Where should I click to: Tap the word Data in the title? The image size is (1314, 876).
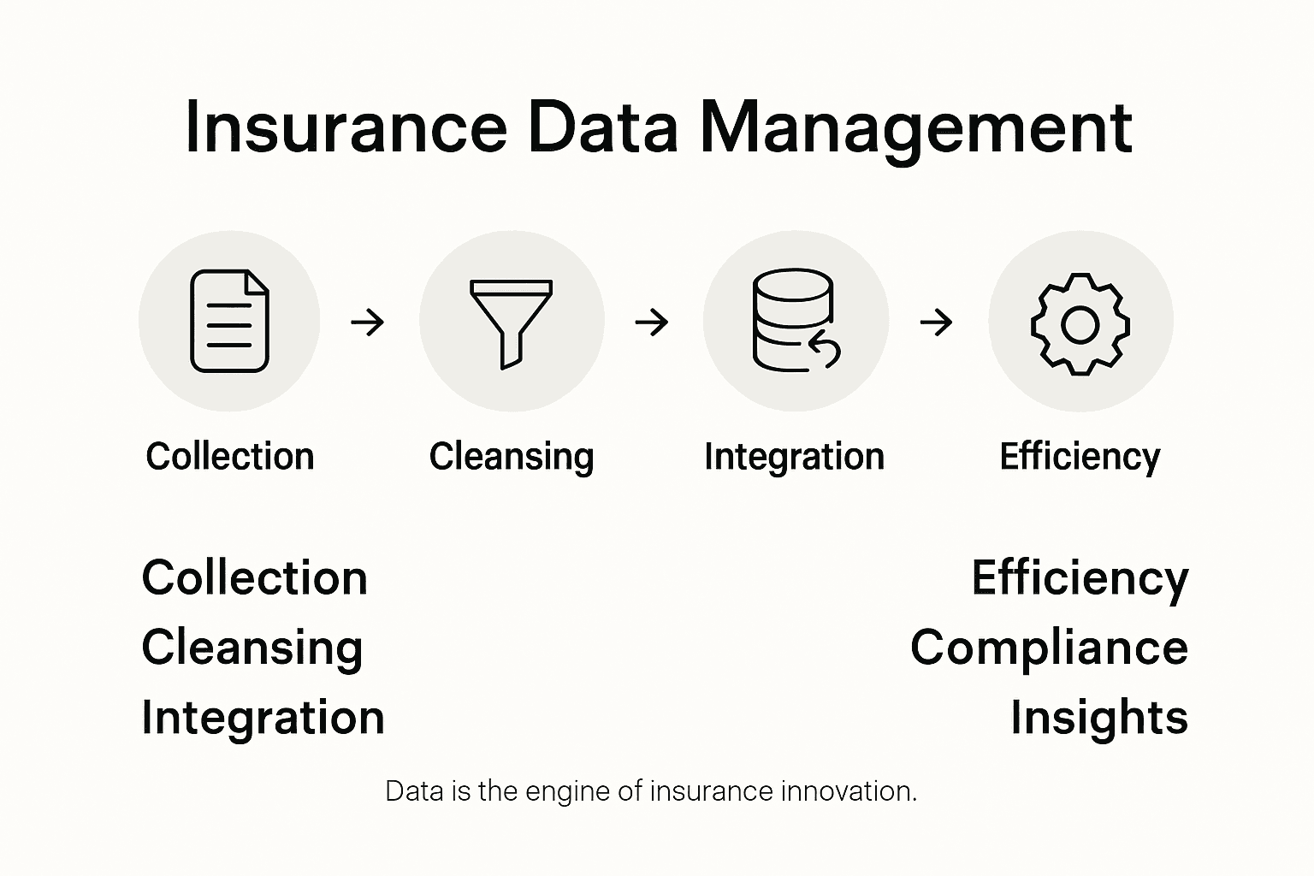(603, 128)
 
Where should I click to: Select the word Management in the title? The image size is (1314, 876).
(916, 128)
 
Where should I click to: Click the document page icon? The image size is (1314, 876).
(229, 321)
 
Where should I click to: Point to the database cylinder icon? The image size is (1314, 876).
(792, 320)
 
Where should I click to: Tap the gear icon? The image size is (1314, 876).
(1080, 323)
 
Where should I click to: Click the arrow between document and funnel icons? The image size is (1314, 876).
(368, 323)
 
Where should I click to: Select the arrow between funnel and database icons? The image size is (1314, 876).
(652, 323)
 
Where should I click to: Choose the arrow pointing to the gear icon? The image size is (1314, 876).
(936, 323)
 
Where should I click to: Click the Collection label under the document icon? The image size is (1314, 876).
(229, 456)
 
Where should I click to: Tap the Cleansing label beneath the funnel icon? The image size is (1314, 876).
(511, 456)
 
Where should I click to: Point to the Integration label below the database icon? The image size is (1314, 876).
(794, 456)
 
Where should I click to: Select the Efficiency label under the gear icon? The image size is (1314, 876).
(1080, 456)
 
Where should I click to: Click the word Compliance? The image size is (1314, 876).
(1049, 648)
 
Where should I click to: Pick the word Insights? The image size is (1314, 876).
(1099, 717)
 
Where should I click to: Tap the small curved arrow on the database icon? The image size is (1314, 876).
(826, 350)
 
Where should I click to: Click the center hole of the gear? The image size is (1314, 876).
(1080, 324)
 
